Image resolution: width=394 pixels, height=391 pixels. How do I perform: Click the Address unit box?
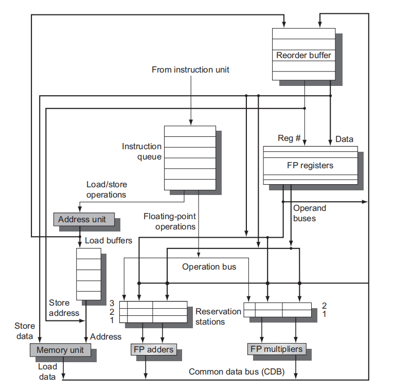point(84,219)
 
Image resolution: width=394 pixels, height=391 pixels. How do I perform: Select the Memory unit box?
point(60,350)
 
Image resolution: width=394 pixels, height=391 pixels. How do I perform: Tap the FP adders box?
point(153,349)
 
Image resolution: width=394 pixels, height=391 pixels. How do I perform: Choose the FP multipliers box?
point(277,349)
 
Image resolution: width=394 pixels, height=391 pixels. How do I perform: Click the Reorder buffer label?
point(303,55)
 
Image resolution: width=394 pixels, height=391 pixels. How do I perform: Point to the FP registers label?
point(310,165)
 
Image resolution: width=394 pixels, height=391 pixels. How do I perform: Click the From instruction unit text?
point(190,69)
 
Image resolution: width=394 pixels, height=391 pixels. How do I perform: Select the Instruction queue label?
point(142,152)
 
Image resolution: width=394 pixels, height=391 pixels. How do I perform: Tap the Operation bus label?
point(209,266)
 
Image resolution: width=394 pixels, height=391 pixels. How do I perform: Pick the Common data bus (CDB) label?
point(237,371)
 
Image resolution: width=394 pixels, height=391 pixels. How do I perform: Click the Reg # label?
point(289,138)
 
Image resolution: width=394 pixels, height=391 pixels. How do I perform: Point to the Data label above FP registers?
point(344,139)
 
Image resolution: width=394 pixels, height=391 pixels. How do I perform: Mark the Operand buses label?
point(310,213)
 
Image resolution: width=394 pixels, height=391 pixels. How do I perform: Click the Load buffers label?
point(109,240)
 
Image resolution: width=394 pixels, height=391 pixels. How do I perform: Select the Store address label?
point(64,308)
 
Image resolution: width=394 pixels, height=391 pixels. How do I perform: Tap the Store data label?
point(25,331)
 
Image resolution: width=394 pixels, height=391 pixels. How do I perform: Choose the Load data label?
point(47,371)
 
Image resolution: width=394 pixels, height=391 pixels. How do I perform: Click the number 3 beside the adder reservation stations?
point(112,303)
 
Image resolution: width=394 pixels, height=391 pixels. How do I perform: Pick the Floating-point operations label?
point(170,221)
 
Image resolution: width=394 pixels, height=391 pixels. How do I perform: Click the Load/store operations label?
point(106,189)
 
